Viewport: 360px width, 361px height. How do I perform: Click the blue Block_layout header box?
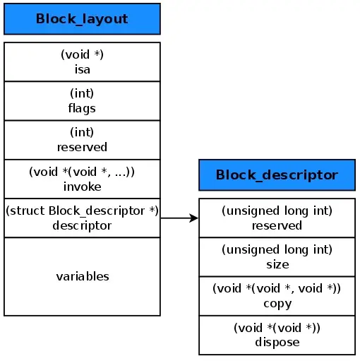82,19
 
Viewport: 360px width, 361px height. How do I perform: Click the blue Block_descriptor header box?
277,174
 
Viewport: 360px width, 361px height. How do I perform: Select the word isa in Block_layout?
82,69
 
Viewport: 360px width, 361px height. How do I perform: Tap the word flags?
82,108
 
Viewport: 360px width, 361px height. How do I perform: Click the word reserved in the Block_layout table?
82,147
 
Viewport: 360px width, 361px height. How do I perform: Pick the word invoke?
82,187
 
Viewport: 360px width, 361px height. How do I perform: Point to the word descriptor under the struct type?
82,225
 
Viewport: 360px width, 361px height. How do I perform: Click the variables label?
82,276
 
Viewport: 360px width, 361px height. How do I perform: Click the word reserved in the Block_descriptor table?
277,225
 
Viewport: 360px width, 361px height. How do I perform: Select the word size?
277,264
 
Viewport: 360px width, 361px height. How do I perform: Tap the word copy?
277,303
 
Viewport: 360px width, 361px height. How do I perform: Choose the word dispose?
277,342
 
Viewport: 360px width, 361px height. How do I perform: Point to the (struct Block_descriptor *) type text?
82,211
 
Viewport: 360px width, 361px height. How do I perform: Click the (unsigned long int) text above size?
277,249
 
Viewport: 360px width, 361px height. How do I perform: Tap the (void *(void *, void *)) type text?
277,288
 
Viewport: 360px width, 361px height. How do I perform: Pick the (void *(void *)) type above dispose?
277,328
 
